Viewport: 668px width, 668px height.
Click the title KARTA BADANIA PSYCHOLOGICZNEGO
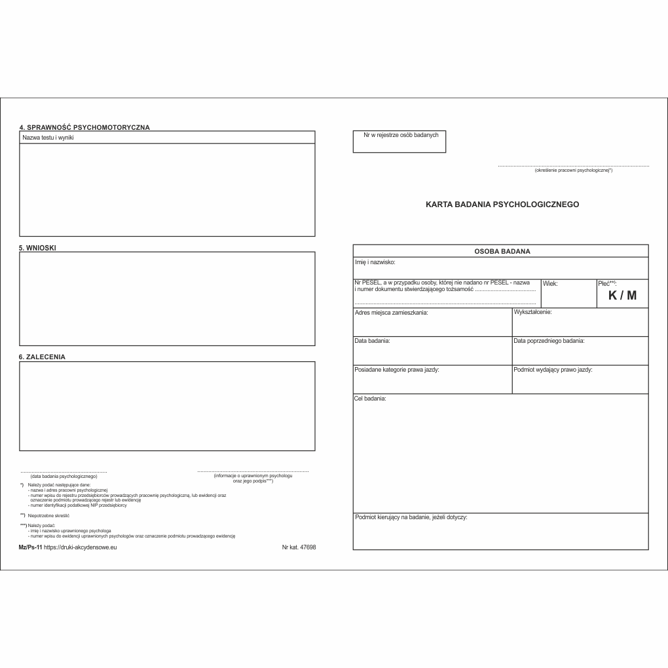coord(502,205)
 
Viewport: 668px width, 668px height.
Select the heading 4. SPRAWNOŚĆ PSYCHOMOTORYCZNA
coord(84,127)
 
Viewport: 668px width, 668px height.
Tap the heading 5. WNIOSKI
coord(37,248)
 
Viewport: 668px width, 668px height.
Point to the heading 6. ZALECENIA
coord(42,357)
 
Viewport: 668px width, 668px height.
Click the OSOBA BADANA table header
coord(502,251)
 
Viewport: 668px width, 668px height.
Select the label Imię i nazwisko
coord(375,262)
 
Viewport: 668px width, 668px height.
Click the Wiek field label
coord(550,284)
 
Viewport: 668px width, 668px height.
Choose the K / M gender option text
coord(622,296)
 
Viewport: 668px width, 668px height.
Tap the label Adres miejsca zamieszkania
coord(391,313)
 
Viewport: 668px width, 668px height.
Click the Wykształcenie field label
coord(532,312)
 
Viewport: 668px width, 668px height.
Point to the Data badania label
coord(372,342)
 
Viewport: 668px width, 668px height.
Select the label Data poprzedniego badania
coord(549,342)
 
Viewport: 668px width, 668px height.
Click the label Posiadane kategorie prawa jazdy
coord(396,370)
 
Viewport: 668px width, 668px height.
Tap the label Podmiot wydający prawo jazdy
coord(553,370)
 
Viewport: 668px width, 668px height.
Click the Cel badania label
coord(370,399)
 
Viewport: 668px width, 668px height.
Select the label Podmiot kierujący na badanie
coord(411,518)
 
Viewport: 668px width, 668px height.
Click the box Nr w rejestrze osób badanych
coord(399,141)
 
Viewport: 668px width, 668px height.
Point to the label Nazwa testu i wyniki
coord(48,138)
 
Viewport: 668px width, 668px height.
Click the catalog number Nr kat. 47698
coord(299,547)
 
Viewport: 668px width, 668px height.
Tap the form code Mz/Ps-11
coord(31,547)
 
